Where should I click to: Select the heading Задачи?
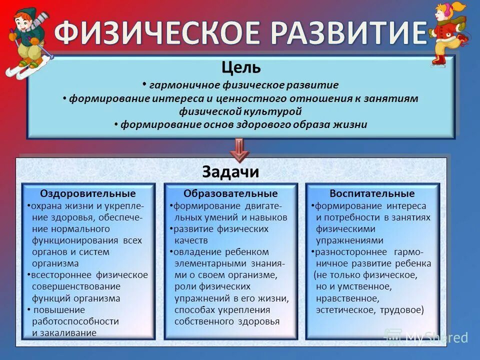click(x=230, y=171)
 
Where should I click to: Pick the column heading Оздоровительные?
click(x=88, y=193)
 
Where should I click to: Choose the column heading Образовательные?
click(x=230, y=193)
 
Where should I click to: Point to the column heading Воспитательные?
click(x=372, y=193)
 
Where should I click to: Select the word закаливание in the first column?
click(x=64, y=332)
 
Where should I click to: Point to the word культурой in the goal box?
click(x=274, y=111)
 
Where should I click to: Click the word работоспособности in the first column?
click(x=75, y=321)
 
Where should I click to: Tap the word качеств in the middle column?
click(x=191, y=240)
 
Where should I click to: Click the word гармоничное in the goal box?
click(x=179, y=85)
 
